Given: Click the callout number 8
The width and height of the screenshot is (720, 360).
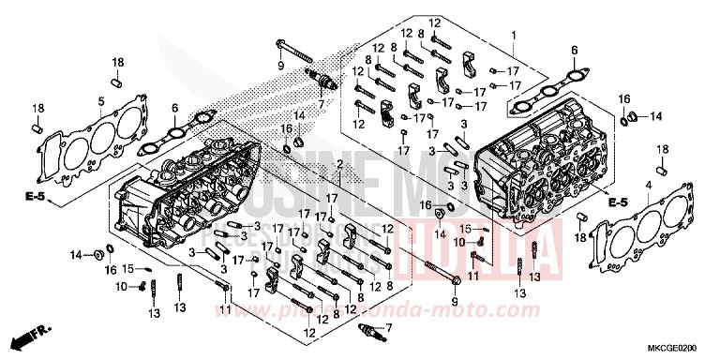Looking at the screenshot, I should click(422, 34).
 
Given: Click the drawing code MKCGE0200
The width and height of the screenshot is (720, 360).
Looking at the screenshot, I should click(683, 347).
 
